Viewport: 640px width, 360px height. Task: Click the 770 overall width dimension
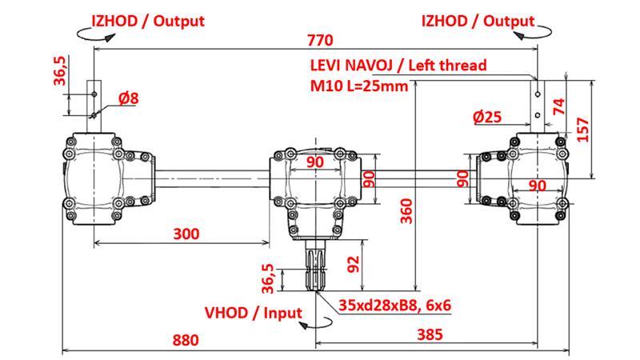click(x=319, y=39)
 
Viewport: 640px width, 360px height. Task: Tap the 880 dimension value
click(x=185, y=340)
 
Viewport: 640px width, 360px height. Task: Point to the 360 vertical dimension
click(x=406, y=210)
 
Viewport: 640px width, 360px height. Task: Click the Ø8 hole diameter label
click(x=128, y=98)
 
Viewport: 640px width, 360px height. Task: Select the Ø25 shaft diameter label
click(x=487, y=117)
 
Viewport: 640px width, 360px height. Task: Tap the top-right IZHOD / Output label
click(x=478, y=21)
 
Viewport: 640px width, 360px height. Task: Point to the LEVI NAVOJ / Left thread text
click(x=397, y=66)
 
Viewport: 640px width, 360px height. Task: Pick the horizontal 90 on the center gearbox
click(x=315, y=162)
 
